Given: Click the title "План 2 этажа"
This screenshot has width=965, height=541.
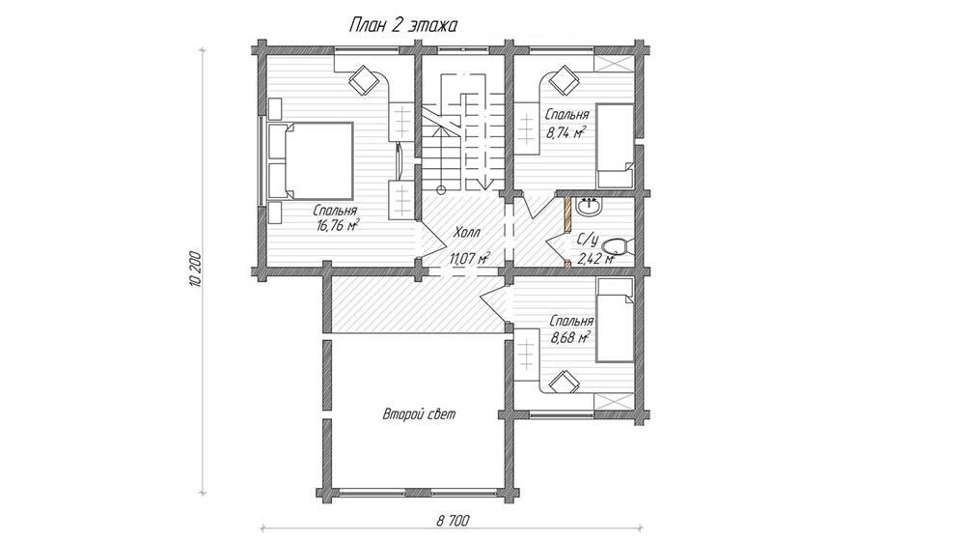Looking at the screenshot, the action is point(403,25).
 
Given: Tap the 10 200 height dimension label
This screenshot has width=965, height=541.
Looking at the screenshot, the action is point(196,270).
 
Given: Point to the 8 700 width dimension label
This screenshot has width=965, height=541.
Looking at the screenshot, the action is point(453,521).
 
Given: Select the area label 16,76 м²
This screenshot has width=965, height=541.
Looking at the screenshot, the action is point(338,225).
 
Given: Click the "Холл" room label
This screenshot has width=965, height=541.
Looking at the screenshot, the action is point(467,232).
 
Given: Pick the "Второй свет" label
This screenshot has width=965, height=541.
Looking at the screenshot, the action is point(419,414).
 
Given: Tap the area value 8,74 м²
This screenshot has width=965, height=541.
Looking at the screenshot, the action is point(565,131).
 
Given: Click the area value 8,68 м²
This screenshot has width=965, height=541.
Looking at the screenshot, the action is point(570,337).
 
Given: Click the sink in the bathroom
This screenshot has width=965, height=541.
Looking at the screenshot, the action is point(589,207).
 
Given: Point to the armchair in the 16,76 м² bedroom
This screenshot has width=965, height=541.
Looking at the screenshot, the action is point(363,79).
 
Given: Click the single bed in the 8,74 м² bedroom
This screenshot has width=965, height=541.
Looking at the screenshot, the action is point(616,146).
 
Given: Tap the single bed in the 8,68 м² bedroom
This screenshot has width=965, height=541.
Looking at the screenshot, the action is point(616,319).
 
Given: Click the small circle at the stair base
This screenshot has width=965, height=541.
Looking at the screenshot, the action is point(441,189).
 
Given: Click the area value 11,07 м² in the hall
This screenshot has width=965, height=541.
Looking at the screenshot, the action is point(470,258).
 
